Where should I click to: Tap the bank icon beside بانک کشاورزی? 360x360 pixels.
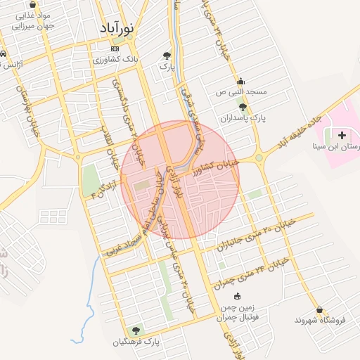[x=115, y=49]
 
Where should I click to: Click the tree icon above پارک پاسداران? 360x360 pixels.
[x=243, y=107]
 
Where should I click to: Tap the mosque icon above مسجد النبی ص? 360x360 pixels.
[x=240, y=80]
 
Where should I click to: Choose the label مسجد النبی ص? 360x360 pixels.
[x=241, y=92]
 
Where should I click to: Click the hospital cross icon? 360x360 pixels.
[x=342, y=134]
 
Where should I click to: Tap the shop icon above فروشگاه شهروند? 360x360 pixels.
[x=320, y=309]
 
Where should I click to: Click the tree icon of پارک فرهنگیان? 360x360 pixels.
[x=135, y=330]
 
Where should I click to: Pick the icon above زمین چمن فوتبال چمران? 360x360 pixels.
[x=237, y=296]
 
